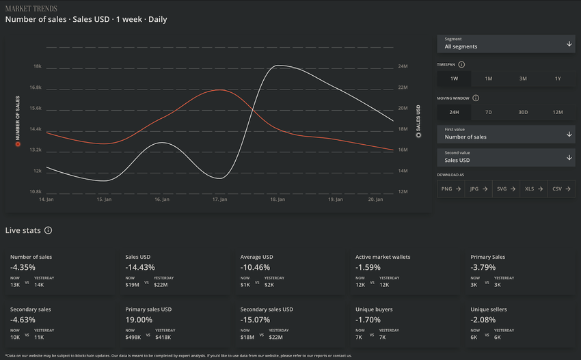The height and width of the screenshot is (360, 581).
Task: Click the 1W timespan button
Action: coord(454,79)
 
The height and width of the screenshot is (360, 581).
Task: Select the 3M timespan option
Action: coord(523,79)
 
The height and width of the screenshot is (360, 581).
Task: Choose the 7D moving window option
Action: coord(488,112)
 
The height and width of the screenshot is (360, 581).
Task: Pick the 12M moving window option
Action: coord(558,112)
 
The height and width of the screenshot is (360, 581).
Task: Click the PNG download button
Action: coord(450,189)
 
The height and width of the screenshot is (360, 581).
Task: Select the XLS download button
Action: coord(533,189)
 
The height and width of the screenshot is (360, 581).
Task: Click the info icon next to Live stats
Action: coord(49,230)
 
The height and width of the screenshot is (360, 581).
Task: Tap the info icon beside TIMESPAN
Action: coord(461,65)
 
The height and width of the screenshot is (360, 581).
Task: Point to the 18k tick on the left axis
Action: coord(37,66)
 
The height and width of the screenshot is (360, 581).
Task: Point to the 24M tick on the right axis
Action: coord(403,66)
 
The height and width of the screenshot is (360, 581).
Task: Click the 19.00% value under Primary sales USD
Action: coord(139,319)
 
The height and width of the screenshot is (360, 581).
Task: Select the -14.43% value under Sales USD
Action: coord(140,267)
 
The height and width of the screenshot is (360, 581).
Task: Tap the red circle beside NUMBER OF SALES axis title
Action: coord(18,144)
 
